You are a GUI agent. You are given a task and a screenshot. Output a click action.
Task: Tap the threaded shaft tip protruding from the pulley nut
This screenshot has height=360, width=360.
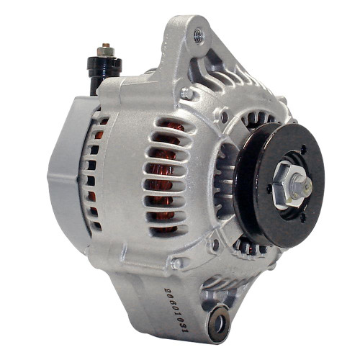tap(307, 186)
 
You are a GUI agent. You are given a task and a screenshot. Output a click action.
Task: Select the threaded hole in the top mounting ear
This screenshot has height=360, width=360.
tap(199, 32)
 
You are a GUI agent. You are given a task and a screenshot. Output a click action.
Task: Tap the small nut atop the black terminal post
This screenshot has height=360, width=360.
tap(106, 48)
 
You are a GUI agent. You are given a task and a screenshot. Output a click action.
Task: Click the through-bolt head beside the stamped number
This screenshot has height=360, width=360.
tap(176, 264)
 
